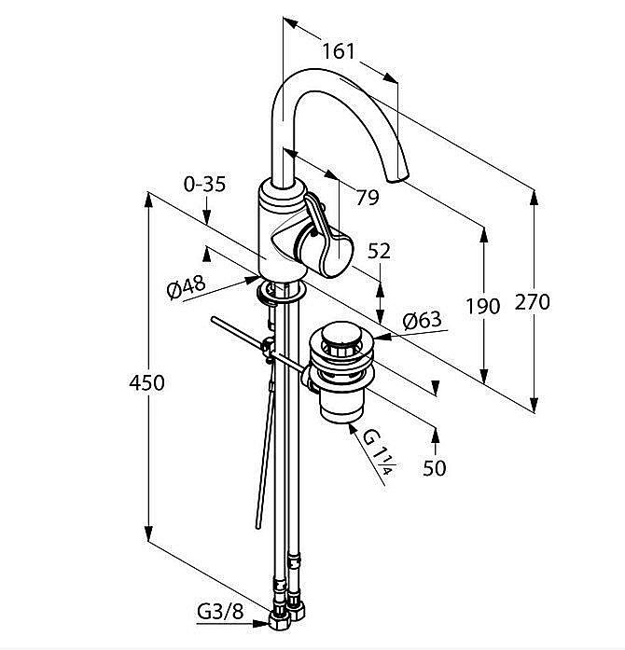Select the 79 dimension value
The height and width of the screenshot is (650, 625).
point(368,197)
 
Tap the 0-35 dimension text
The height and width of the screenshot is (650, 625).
point(204,185)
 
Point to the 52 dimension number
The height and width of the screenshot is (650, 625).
point(380,250)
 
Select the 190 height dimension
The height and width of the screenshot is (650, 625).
point(483,305)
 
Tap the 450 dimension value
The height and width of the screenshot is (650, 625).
point(146,382)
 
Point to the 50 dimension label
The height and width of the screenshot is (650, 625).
point(435,468)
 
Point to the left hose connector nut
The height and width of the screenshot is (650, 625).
point(280,619)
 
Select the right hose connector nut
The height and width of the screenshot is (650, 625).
point(299,612)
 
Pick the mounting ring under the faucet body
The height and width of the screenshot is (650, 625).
point(279,293)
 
